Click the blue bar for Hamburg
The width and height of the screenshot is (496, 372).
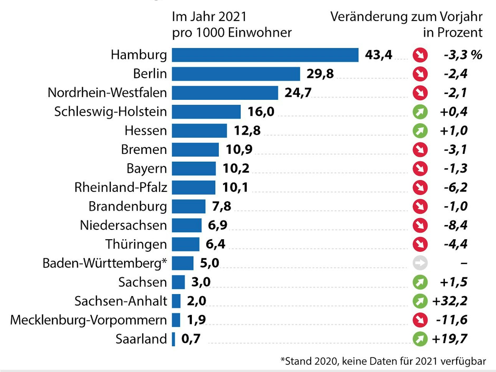[x=265, y=55]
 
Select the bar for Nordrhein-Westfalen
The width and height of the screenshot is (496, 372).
[x=225, y=93]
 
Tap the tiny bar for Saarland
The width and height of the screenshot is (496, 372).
[x=173, y=339]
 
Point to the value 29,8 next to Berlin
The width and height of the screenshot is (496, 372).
[x=320, y=74]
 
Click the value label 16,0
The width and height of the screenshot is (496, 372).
[x=261, y=112]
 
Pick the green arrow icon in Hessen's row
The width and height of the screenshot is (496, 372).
[x=420, y=131]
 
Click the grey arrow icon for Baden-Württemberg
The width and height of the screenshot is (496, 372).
[x=420, y=263]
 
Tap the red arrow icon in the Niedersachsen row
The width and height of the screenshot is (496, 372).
[x=420, y=225]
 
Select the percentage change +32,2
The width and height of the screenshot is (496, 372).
[x=450, y=301]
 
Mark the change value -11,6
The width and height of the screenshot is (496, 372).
[x=451, y=320]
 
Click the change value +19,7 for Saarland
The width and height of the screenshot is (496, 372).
[x=450, y=339]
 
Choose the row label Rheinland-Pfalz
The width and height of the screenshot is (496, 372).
[x=121, y=187]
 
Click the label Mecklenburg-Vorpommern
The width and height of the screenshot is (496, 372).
[x=88, y=320]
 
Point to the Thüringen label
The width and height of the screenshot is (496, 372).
[x=136, y=244]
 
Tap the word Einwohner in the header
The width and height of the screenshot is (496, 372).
[x=260, y=33]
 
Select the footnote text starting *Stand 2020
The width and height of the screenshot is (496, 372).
[x=383, y=361]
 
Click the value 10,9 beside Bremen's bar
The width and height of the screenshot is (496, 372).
[x=239, y=149]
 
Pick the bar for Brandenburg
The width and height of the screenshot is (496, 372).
[x=188, y=206]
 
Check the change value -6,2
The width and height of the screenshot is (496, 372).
[x=455, y=187]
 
